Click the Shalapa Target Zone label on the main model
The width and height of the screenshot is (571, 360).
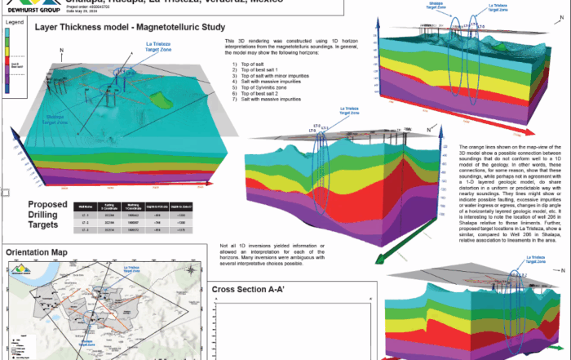pos(60,118)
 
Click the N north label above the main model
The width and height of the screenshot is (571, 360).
pos(62,51)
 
